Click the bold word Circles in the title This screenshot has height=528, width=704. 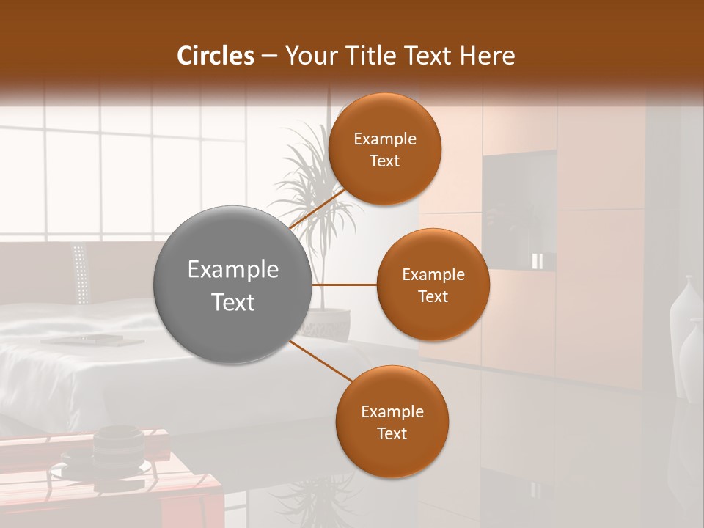point(215,56)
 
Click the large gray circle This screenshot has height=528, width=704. point(232,285)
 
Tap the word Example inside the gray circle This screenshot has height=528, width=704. point(232,270)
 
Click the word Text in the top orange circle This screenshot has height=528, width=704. point(384,161)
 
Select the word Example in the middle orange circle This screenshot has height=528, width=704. point(433,275)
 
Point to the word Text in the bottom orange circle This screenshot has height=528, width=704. point(392,433)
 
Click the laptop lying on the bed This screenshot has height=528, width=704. point(82,339)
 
